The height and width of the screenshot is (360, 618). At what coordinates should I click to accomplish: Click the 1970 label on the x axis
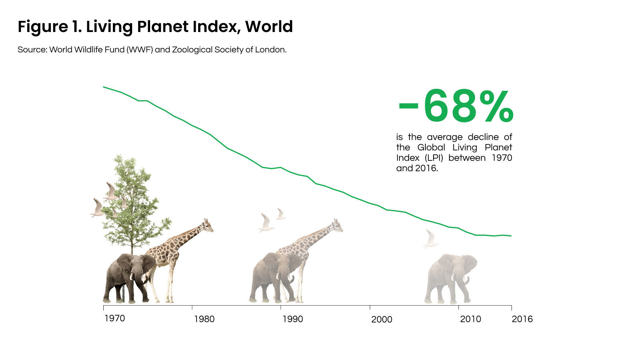115,318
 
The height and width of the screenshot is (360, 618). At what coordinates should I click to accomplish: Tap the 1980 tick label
204,319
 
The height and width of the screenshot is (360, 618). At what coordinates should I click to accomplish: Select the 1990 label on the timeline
293,319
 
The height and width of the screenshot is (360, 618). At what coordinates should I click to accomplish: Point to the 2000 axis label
381,319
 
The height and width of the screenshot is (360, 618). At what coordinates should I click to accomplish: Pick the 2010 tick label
470,319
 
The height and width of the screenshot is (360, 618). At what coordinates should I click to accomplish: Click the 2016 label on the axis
522,319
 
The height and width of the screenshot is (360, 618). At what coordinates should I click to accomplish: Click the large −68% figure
456,106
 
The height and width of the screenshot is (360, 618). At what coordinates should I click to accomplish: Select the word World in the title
269,27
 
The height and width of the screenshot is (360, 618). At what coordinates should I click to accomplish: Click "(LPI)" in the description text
434,158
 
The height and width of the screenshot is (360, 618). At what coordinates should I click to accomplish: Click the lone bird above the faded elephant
430,239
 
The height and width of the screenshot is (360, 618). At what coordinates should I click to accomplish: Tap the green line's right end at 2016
511,236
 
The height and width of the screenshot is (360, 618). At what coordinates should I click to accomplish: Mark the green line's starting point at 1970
104,87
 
